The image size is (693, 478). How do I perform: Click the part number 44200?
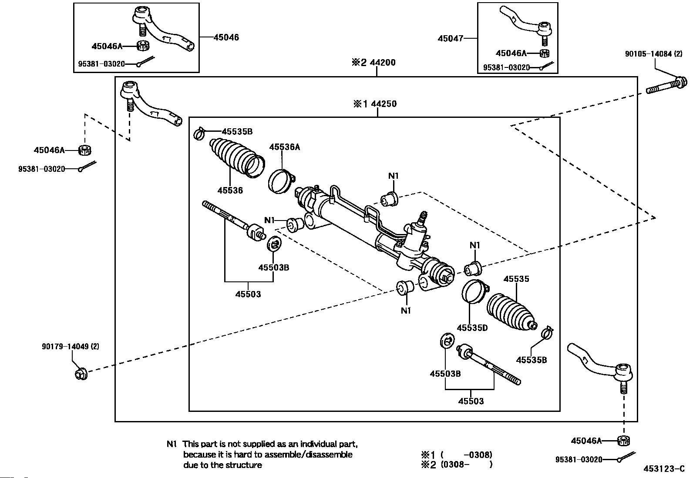click(x=383, y=63)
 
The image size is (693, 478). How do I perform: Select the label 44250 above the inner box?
click(x=383, y=104)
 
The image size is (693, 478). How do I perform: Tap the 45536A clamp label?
click(x=284, y=147)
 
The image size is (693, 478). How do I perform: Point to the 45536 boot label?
click(x=230, y=190)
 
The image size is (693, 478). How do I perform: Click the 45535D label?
click(x=472, y=328)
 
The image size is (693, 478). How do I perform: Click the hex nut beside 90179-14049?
click(x=81, y=373)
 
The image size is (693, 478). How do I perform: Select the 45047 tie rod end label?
click(x=450, y=38)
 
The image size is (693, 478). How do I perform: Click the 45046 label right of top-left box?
click(x=226, y=37)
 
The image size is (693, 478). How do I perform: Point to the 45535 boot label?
click(x=516, y=279)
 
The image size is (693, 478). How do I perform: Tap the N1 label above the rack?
click(x=394, y=176)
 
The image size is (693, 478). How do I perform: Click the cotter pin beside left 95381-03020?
click(x=87, y=167)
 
